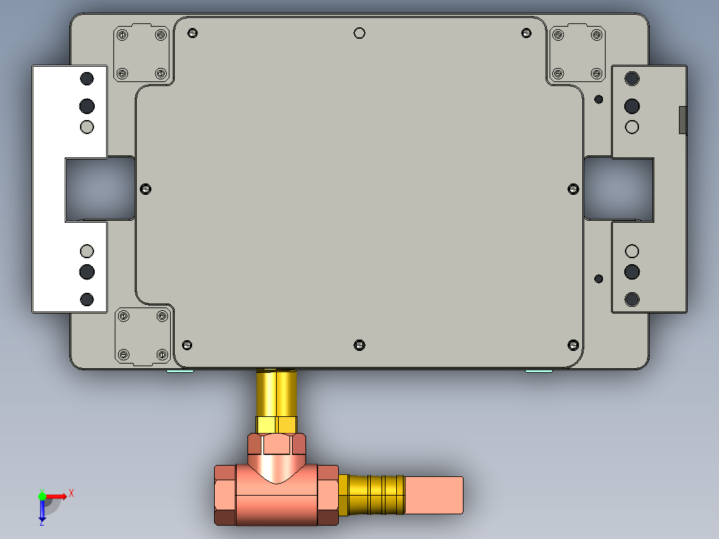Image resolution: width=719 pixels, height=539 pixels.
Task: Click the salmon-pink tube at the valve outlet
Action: pos(434,495)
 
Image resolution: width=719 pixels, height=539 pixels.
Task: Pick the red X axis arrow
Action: pos(58,496)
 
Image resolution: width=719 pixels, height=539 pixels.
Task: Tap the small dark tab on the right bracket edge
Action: pos(682,120)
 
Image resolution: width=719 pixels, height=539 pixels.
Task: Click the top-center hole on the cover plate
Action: pos(359,33)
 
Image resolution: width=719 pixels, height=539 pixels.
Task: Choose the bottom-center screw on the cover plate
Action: pos(359,345)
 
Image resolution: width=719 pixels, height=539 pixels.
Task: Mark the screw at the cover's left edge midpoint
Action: pos(146,189)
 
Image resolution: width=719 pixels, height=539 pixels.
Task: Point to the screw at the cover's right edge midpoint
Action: pos(573,189)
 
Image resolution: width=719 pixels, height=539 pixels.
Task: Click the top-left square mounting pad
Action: pos(141,53)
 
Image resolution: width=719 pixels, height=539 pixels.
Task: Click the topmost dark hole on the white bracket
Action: pos(87,79)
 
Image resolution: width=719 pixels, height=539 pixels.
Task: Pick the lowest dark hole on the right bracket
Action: pos(632,299)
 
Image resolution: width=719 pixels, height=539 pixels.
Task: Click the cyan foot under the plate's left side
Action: pos(180,371)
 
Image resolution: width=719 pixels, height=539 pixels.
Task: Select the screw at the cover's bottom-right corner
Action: pos(572,344)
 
